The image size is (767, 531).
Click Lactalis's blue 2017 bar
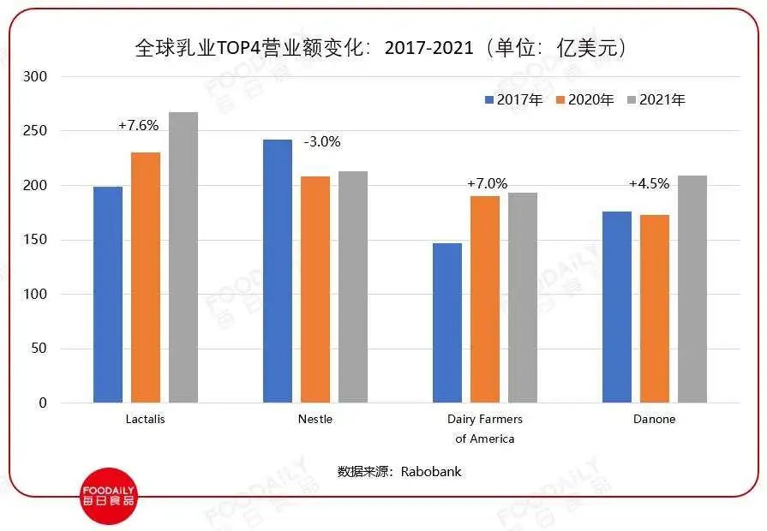(x=108, y=295)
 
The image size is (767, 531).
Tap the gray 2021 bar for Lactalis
(x=183, y=257)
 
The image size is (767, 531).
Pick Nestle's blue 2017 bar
(x=278, y=271)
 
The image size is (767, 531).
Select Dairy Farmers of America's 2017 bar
(x=447, y=323)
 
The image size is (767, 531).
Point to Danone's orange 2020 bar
(x=655, y=308)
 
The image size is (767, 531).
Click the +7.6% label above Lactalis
(x=138, y=125)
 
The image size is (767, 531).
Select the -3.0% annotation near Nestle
(x=323, y=142)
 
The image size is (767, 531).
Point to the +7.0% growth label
(x=487, y=183)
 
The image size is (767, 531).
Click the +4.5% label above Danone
(x=649, y=183)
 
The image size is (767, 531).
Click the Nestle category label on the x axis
(x=315, y=419)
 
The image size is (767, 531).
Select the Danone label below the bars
(x=654, y=419)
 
